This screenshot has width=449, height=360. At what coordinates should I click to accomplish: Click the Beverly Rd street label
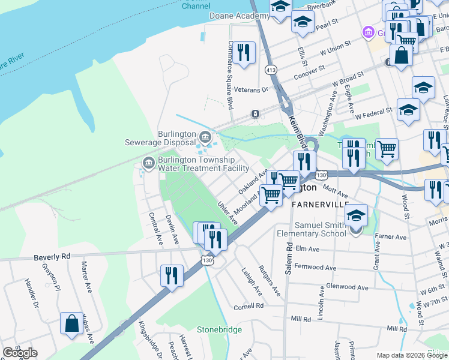click(x=52, y=256)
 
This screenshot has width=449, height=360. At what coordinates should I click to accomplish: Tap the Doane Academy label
click(x=236, y=16)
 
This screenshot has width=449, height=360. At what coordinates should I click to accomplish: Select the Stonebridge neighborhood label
click(x=220, y=330)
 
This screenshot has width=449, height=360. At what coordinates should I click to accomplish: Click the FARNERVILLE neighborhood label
click(x=320, y=204)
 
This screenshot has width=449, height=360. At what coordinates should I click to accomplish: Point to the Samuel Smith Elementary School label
click(x=312, y=229)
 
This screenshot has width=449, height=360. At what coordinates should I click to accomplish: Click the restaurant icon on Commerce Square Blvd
click(x=244, y=53)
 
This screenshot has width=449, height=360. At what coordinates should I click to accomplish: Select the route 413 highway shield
click(x=271, y=70)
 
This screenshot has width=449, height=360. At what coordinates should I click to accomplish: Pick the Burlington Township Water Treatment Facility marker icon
click(x=148, y=163)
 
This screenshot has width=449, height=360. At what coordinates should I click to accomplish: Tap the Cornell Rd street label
click(x=249, y=306)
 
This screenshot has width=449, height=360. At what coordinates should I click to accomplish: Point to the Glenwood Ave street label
click(x=345, y=287)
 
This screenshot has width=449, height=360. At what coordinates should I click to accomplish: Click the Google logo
click(x=20, y=353)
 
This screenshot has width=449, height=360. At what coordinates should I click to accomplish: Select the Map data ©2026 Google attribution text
click(x=412, y=355)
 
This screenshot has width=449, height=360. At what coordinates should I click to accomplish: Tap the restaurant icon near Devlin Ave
click(x=172, y=275)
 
